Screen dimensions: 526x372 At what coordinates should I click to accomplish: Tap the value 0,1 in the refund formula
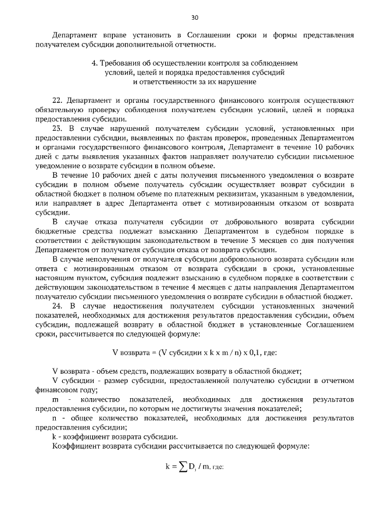tap(257, 352)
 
